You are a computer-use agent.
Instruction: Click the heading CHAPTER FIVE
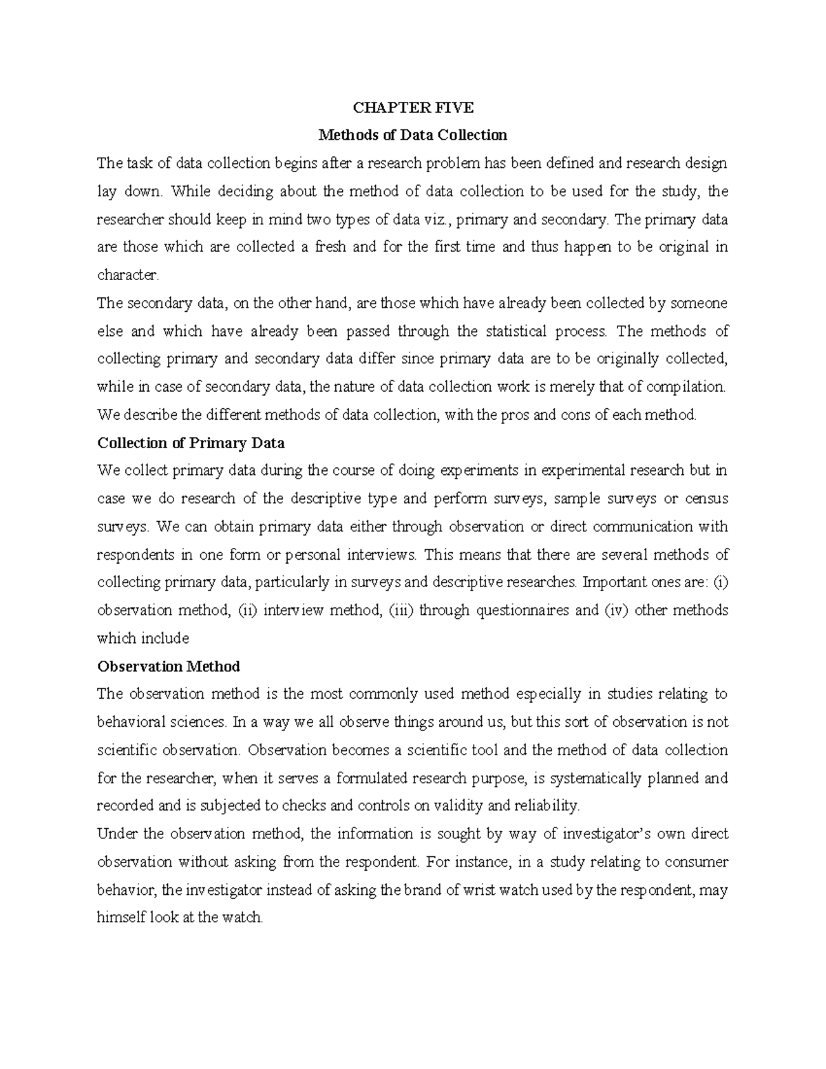413,107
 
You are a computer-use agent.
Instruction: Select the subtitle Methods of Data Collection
412,135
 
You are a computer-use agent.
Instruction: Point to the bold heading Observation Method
169,666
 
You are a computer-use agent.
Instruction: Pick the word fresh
330,247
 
